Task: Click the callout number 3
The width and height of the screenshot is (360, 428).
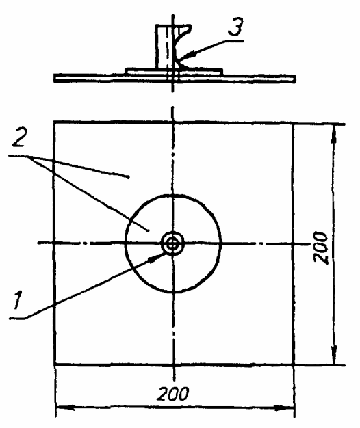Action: coord(235,27)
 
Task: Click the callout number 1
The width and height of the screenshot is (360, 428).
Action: coord(18,300)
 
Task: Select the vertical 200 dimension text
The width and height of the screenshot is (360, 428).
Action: coord(321,248)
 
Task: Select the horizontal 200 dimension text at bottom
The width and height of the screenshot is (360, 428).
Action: coord(172,394)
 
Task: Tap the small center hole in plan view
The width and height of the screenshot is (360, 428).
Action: coord(172,244)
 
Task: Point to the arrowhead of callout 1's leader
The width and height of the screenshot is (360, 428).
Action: coord(157,258)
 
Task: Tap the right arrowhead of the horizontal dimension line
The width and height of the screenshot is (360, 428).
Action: coord(285,407)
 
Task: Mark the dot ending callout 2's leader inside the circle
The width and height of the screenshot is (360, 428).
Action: coord(149,230)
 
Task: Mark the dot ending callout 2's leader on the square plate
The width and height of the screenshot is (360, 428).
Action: coord(129,177)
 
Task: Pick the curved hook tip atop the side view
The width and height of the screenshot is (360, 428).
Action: coord(188,27)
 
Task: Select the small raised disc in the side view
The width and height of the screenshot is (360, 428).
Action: coord(174,72)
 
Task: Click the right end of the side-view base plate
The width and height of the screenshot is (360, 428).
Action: coord(295,79)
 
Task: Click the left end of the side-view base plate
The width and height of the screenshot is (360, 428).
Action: coord(54,78)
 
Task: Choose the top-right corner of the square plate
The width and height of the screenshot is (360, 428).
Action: coord(294,124)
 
